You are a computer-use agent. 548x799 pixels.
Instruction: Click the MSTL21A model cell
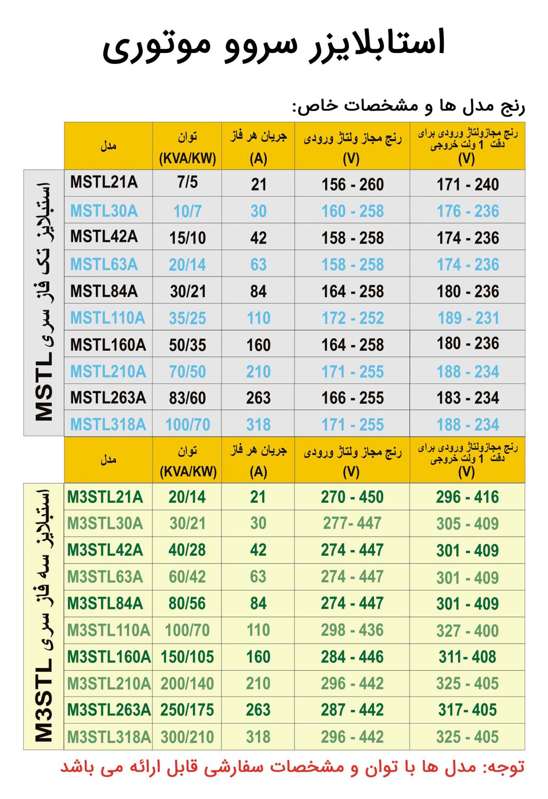point(104,182)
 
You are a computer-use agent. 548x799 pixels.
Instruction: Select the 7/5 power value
point(187,182)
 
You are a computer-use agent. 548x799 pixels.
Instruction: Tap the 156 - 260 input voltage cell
point(352,185)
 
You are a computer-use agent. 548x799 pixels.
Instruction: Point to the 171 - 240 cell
point(468,185)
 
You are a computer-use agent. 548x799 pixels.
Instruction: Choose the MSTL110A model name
point(107,318)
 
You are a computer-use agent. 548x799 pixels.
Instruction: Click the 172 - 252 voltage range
point(352,318)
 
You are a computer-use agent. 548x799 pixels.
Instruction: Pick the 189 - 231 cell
point(468,318)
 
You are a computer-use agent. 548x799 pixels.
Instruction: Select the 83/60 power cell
point(187,398)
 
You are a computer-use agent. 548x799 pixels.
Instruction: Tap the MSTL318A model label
point(108,425)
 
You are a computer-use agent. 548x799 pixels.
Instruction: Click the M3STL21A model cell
point(105,497)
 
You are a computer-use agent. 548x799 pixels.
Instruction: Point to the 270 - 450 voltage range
point(352,497)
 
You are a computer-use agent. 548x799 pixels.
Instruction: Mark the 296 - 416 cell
point(467,497)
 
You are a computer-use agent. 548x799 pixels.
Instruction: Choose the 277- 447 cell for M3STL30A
point(352,523)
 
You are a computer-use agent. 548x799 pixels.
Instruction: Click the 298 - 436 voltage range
point(352,630)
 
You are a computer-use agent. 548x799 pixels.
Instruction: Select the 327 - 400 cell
point(467,631)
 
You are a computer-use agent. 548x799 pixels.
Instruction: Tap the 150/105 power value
point(187,657)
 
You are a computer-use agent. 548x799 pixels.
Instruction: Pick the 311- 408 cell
point(467,657)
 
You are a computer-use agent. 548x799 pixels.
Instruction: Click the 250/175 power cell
point(187,710)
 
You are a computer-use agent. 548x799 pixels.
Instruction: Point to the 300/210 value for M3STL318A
point(187,737)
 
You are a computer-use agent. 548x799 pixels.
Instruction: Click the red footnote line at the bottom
point(292,767)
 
